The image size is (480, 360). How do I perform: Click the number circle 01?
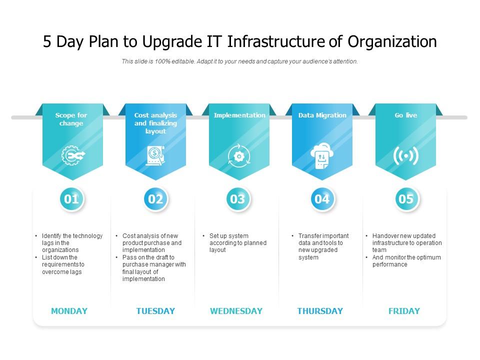(x=71, y=199)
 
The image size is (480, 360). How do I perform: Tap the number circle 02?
(x=155, y=199)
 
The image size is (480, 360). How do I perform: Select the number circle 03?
(x=237, y=199)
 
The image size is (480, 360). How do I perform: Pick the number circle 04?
(x=322, y=199)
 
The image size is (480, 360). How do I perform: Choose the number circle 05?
(x=406, y=199)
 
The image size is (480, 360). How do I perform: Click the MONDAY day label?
(x=69, y=311)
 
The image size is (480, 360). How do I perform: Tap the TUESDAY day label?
(x=155, y=311)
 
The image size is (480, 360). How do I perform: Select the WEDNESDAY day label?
(x=236, y=311)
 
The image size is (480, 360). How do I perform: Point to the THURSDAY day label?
(x=320, y=311)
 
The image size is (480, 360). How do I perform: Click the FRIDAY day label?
(x=404, y=311)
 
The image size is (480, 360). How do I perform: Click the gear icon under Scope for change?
(x=71, y=155)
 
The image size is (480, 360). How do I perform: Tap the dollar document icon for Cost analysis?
(x=155, y=155)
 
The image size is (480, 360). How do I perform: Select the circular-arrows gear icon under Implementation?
(x=238, y=156)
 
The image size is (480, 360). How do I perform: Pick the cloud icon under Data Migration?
(x=321, y=155)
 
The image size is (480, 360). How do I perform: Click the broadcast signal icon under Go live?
(x=405, y=156)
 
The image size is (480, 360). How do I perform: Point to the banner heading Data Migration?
(x=322, y=115)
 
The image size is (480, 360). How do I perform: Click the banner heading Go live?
(x=405, y=115)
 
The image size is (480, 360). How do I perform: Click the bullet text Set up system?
(x=229, y=236)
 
